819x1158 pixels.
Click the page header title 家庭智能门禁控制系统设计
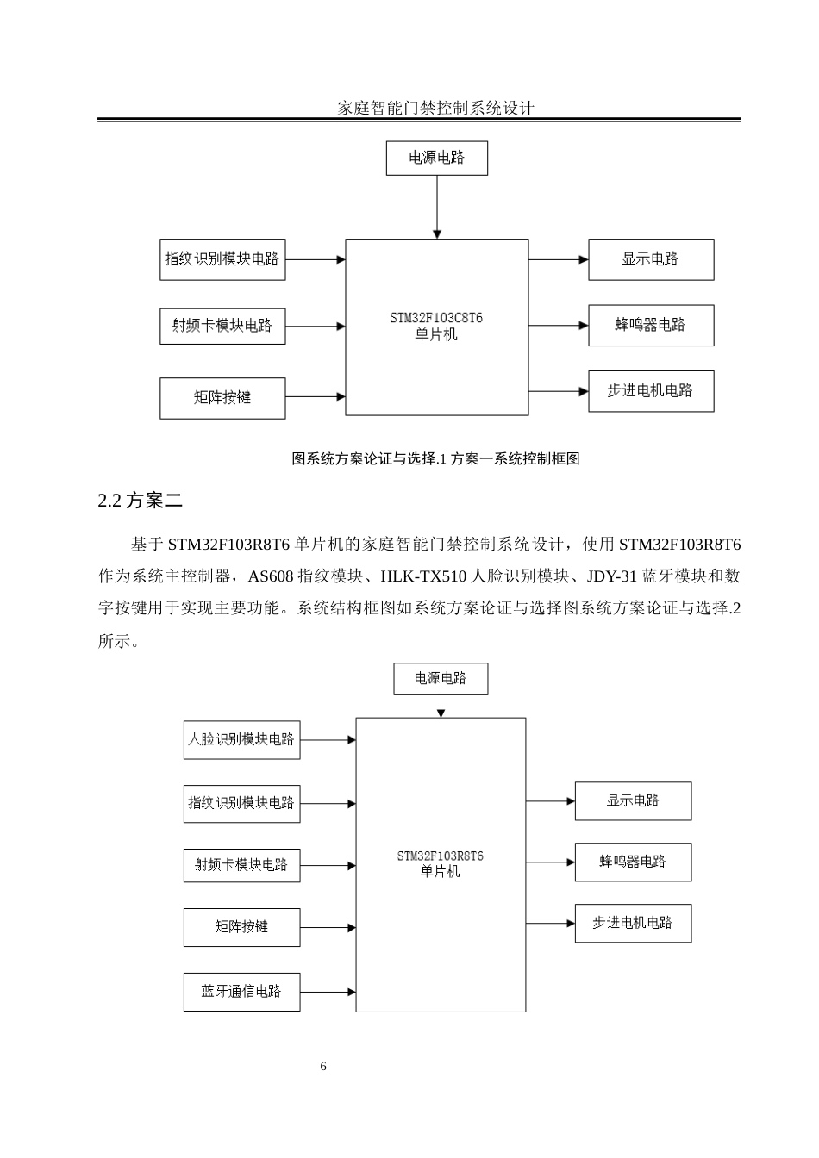tap(435, 108)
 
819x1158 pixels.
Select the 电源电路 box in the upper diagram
tap(436, 158)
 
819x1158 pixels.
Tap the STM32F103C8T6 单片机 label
tap(436, 327)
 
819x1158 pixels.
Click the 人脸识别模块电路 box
tap(241, 740)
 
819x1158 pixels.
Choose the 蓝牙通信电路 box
tap(241, 992)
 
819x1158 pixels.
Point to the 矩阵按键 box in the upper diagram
tap(222, 398)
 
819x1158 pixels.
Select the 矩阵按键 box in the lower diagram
tap(241, 927)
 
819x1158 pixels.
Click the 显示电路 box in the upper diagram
tap(651, 259)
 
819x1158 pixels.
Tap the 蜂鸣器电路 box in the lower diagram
tap(633, 862)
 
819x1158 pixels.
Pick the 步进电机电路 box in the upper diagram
tap(651, 391)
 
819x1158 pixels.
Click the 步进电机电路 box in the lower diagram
tap(633, 923)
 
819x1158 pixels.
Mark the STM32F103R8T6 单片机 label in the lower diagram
tap(440, 863)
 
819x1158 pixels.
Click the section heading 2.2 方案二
tap(141, 501)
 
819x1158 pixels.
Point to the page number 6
tap(323, 1067)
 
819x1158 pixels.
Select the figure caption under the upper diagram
tap(435, 459)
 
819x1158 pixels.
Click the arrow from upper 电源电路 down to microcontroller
tap(437, 207)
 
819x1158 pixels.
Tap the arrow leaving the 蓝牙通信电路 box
tap(328, 992)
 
